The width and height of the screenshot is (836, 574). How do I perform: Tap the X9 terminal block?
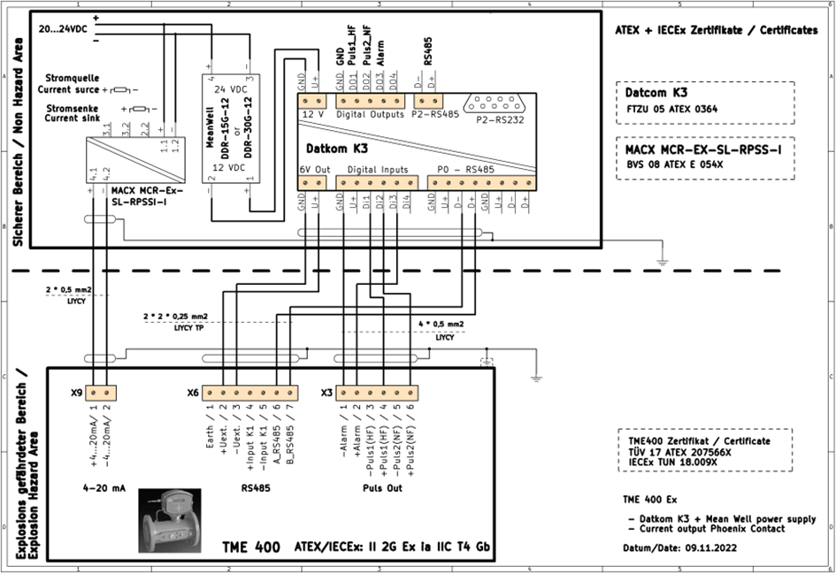pyautogui.click(x=99, y=391)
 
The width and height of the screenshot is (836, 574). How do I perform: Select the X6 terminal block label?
pyautogui.click(x=192, y=392)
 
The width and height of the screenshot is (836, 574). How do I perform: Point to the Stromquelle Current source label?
pyautogui.click(x=68, y=84)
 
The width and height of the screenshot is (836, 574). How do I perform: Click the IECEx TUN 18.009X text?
pyautogui.click(x=674, y=462)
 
